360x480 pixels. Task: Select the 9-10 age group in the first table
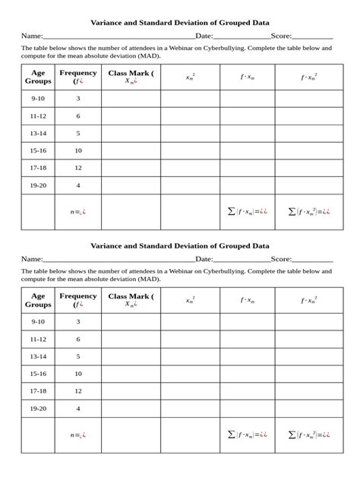click(38, 99)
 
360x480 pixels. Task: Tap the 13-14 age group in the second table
click(38, 356)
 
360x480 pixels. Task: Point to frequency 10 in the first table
click(78, 150)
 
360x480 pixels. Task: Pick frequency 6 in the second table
click(78, 339)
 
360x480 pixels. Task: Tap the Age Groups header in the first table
click(38, 77)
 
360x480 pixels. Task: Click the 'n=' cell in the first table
click(77, 212)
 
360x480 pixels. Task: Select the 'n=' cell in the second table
click(77, 435)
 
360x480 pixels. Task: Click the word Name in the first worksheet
click(31, 36)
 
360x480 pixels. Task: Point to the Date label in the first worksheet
click(204, 36)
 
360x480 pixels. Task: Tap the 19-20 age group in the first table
click(38, 185)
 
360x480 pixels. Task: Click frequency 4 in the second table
click(78, 409)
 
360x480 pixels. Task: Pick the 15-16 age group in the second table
click(38, 374)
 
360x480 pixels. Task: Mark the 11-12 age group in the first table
click(38, 116)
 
